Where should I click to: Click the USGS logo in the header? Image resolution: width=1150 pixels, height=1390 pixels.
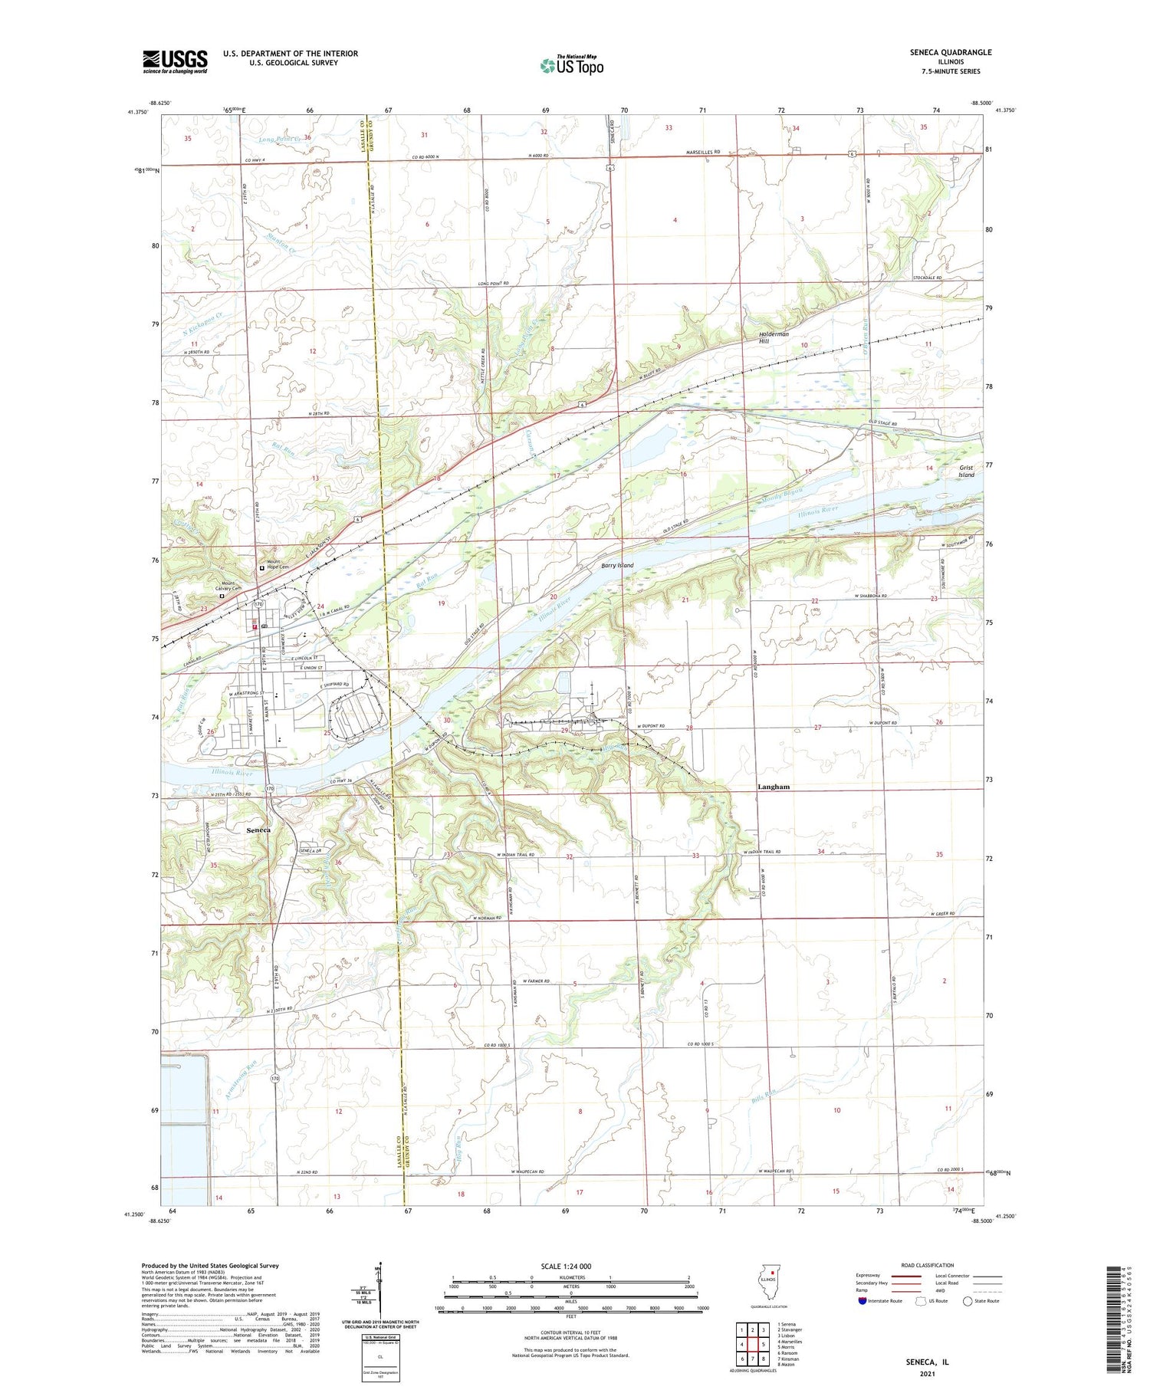175,61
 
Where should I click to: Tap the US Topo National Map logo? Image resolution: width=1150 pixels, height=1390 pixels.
572,66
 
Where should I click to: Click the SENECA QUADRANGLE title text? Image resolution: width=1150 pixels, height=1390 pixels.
948,52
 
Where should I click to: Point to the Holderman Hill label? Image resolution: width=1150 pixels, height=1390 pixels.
774,337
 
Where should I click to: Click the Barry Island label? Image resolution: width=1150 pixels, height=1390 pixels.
616,566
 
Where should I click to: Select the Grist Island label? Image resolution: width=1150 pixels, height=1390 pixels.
966,471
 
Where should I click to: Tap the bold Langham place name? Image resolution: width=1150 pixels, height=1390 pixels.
773,787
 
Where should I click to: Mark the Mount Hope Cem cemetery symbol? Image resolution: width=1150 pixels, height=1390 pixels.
261,569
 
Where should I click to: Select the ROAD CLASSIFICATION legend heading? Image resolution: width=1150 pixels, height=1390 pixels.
928,1265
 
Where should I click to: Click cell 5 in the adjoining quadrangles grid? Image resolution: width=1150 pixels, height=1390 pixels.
764,1344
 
